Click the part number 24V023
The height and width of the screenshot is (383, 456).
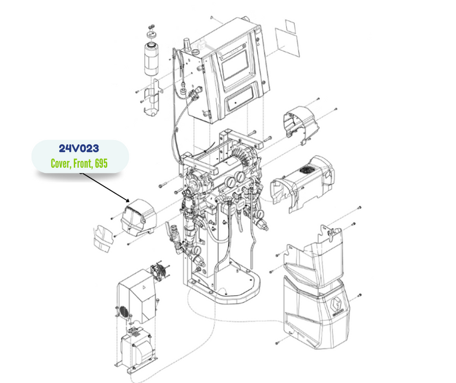pyautogui.click(x=79, y=148)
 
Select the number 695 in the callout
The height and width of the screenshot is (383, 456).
pyautogui.click(x=101, y=163)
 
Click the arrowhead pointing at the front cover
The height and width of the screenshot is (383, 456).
pyautogui.click(x=127, y=200)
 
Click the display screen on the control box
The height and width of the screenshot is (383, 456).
pyautogui.click(x=235, y=67)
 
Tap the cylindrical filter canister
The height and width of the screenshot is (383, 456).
pyautogui.click(x=152, y=59)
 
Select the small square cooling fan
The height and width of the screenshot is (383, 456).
pyautogui.click(x=158, y=271)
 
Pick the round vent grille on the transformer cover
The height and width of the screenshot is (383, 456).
pyautogui.click(x=123, y=312)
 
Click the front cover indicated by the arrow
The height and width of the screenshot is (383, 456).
pyautogui.click(x=139, y=217)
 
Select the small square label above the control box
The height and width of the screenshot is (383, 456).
pyautogui.click(x=290, y=26)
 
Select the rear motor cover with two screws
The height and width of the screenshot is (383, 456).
pyautogui.click(x=301, y=123)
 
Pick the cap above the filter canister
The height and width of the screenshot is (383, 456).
pyautogui.click(x=152, y=34)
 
